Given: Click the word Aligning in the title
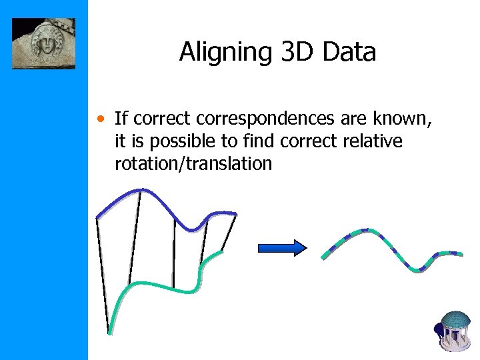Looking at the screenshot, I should tap(223, 52).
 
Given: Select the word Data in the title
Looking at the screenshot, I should tap(350, 52).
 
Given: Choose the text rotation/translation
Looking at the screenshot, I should tap(193, 164).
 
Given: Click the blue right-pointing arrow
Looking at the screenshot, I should tap(281, 248).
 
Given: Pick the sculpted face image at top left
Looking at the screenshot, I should tap(43, 43).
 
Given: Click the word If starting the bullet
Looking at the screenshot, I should tap(121, 120).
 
